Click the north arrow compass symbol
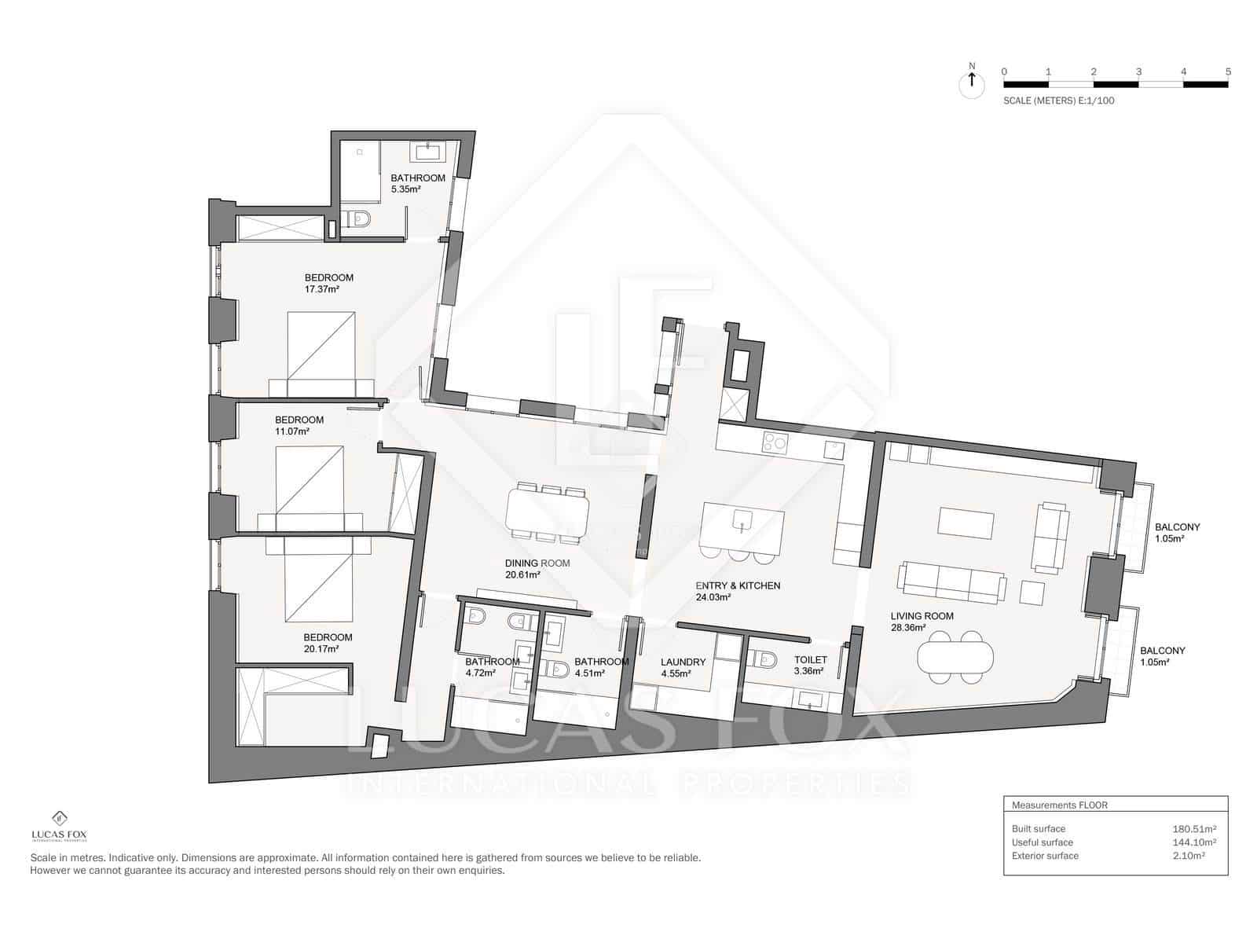972,82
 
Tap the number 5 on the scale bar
1227,72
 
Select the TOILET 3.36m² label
809,666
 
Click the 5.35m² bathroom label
417,183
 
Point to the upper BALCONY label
1176,533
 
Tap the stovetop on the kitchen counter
775,443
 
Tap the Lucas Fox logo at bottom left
59,825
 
